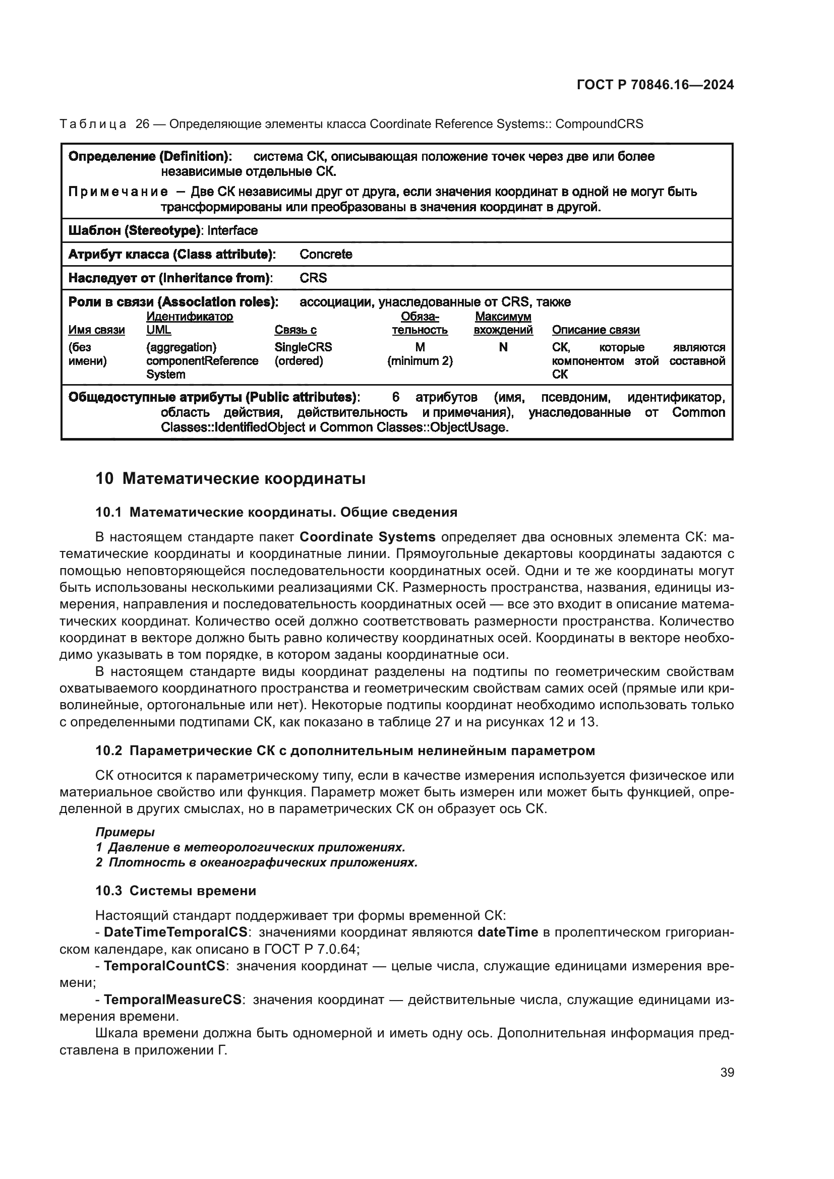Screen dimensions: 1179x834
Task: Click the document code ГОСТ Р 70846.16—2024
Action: [655, 85]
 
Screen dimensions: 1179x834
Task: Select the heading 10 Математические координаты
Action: [230, 478]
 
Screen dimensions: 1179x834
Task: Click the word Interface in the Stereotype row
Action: [232, 230]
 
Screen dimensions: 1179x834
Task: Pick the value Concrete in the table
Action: [326, 254]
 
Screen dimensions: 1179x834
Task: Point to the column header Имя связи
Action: [96, 330]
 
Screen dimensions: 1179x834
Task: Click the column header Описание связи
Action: [595, 330]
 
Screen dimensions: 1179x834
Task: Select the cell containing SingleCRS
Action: [303, 347]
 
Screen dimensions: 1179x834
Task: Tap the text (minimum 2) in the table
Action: [420, 361]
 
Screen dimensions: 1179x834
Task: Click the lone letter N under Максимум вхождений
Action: [503, 347]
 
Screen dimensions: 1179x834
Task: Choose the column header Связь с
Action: [295, 330]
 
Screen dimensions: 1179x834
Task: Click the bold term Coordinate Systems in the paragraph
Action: [367, 537]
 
